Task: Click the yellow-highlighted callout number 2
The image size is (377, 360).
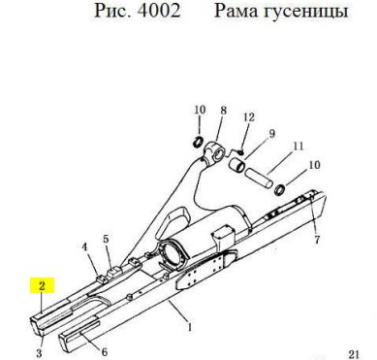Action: [x=42, y=285]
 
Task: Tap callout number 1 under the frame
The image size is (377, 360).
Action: [x=190, y=327]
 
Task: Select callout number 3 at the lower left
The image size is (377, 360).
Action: [x=39, y=352]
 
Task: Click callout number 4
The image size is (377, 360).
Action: [x=84, y=247]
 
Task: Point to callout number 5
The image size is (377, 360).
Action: [x=107, y=240]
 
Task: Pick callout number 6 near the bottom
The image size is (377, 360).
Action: [x=104, y=351]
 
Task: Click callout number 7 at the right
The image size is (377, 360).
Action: [x=317, y=240]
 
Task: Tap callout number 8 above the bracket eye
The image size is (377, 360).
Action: [x=224, y=111]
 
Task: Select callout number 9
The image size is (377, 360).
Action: [x=271, y=133]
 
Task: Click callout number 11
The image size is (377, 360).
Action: [x=298, y=146]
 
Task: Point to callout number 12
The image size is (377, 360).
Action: [x=249, y=117]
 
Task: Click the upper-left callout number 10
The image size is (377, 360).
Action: [x=200, y=110]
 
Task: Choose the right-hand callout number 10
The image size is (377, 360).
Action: [x=314, y=165]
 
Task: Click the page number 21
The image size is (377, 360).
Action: [x=354, y=354]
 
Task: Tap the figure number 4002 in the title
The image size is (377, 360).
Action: [x=159, y=11]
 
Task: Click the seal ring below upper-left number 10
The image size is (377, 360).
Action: [x=199, y=141]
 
